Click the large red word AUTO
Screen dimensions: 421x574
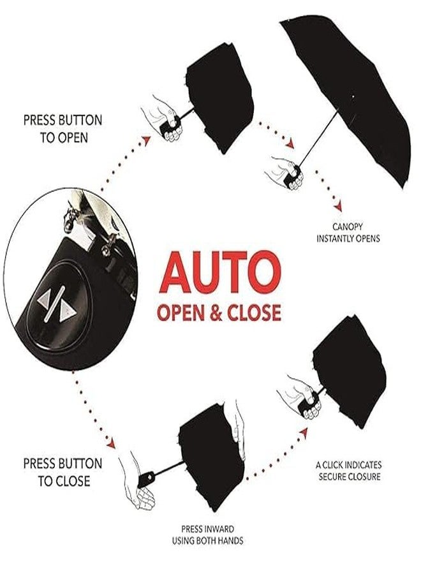point(220,271)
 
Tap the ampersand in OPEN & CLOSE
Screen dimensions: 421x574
point(216,313)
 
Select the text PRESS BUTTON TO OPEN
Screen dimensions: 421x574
point(63,129)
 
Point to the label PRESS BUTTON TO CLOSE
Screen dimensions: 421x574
point(63,472)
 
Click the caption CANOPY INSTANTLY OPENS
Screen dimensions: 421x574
point(348,232)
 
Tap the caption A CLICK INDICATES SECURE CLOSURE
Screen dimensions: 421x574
point(348,471)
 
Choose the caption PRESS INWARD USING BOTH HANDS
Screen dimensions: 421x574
point(207,535)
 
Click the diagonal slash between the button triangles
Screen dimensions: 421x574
point(55,304)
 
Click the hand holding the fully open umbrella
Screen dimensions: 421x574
point(286,173)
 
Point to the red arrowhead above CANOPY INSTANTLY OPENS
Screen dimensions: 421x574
point(338,206)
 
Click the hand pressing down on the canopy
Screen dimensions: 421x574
point(239,429)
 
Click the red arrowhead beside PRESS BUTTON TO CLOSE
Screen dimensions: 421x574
point(111,443)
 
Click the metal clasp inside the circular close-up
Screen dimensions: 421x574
point(69,219)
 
